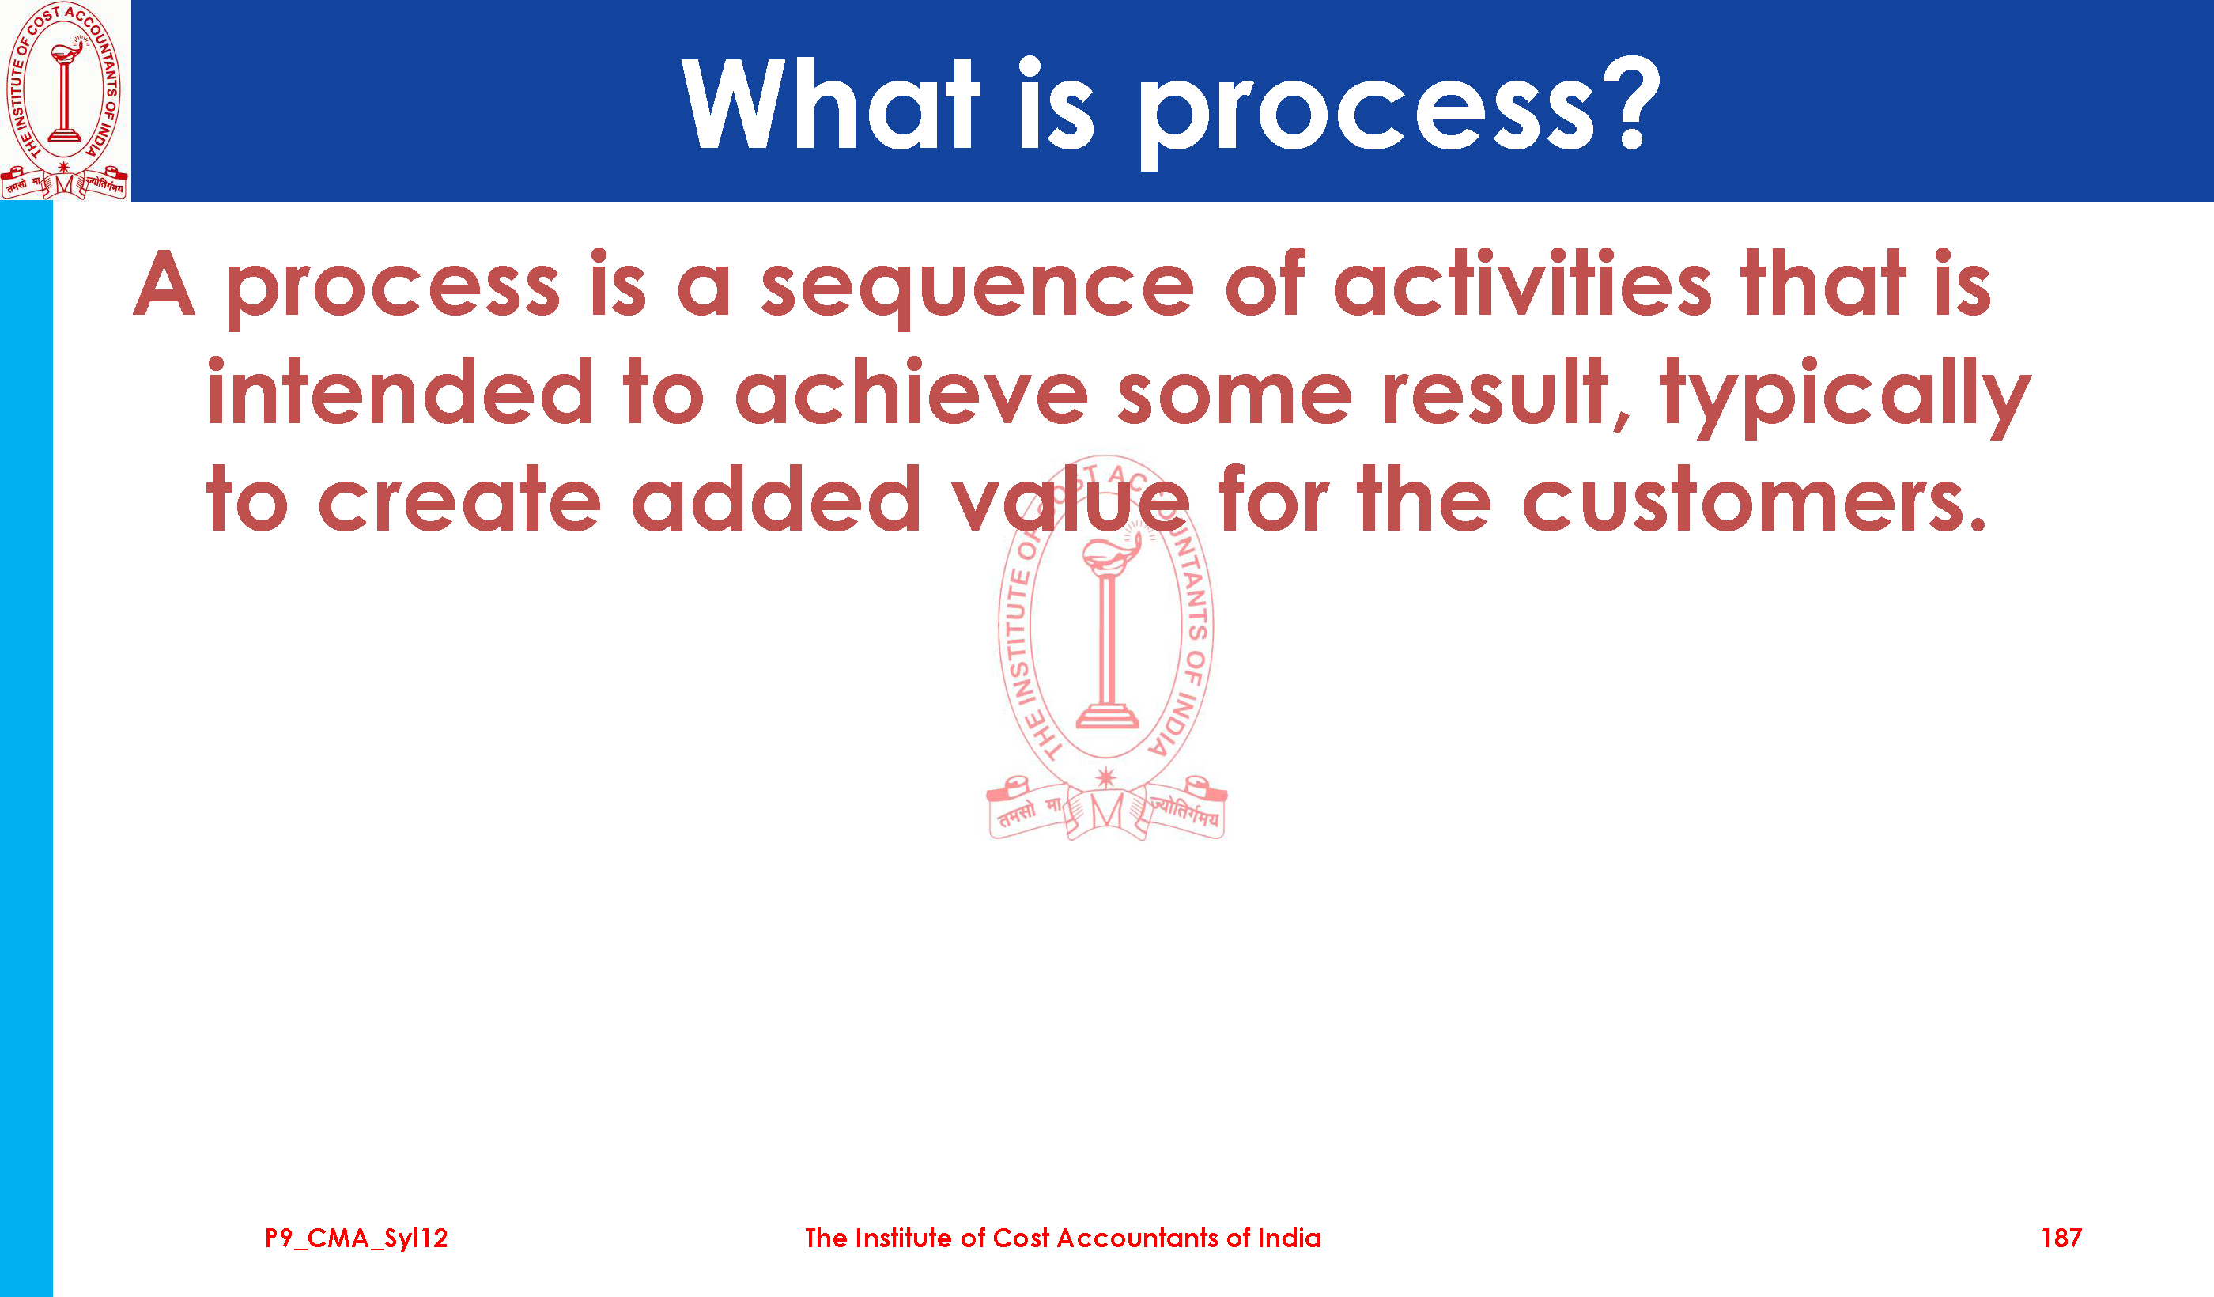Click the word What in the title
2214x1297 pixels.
point(830,103)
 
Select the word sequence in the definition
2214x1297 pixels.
point(977,289)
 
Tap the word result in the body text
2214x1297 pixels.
point(1494,392)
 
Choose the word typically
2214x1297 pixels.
point(1845,397)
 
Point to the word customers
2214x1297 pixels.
point(1754,501)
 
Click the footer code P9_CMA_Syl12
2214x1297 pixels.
point(356,1238)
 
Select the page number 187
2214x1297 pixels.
point(2061,1238)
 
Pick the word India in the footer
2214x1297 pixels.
point(1289,1238)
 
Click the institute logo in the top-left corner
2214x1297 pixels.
point(64,100)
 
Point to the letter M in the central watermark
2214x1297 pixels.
point(1106,810)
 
